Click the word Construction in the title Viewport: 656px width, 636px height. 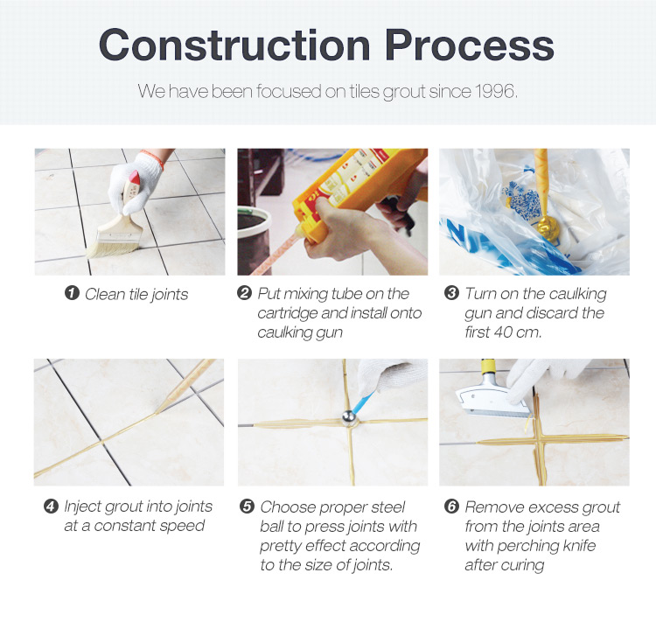[x=234, y=45]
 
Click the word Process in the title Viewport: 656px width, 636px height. [x=470, y=45]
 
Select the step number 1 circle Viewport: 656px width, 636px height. [x=72, y=293]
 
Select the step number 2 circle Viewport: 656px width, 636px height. [x=244, y=292]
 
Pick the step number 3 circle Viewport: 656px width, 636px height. [x=451, y=292]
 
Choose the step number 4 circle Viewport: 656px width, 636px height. [x=51, y=507]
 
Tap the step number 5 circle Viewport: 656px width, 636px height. [x=247, y=507]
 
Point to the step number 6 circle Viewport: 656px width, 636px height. [x=451, y=507]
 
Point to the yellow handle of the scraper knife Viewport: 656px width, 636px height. [x=488, y=367]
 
